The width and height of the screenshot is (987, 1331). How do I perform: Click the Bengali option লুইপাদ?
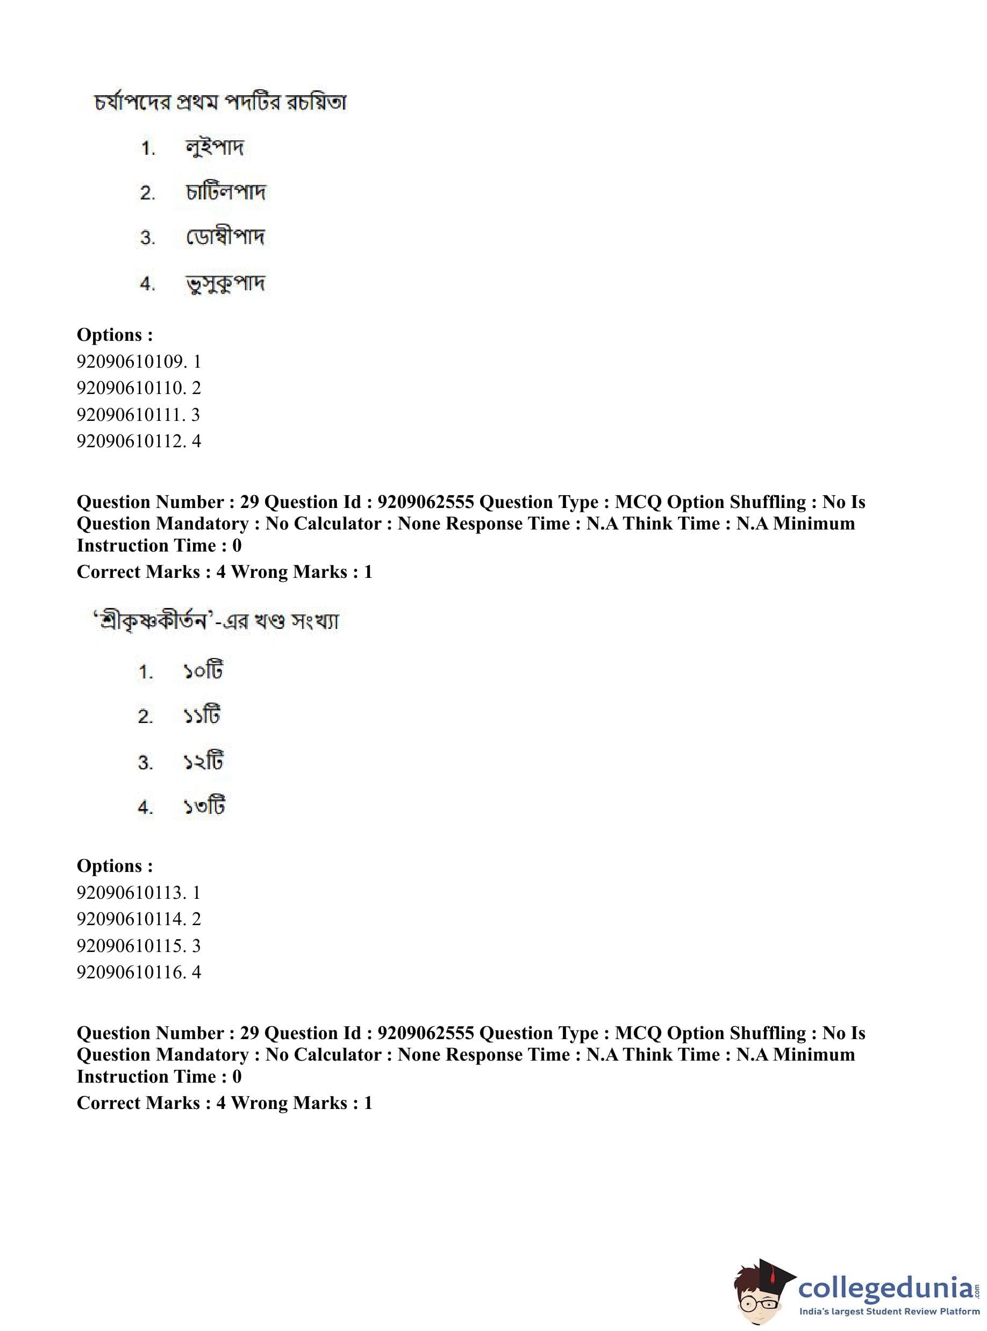pos(214,147)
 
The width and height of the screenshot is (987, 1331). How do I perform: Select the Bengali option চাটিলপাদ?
pos(225,192)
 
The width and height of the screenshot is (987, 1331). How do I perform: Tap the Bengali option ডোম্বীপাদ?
pos(225,237)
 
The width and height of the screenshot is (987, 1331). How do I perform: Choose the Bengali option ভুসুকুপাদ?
pos(225,283)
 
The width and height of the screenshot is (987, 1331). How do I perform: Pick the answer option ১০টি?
pos(203,671)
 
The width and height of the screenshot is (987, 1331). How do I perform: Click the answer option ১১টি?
pos(202,715)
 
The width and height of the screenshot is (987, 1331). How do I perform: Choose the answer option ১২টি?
pos(203,762)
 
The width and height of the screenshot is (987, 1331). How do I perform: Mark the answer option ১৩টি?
pos(204,807)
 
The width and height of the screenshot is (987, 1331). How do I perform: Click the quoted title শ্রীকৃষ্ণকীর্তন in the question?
pos(152,621)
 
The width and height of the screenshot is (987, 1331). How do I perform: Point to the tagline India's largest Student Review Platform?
pos(890,1312)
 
